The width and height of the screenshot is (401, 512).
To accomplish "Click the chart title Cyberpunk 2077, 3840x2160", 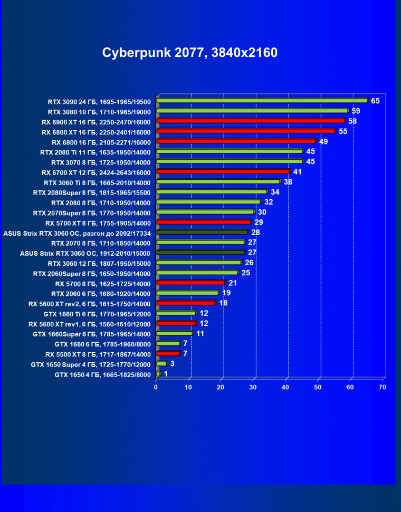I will point(189,53).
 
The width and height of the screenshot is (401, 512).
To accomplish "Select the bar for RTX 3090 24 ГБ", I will point(262,101).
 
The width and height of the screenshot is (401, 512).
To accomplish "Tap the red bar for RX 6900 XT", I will point(251,121).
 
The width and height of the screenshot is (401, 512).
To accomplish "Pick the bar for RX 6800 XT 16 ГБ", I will point(246,131).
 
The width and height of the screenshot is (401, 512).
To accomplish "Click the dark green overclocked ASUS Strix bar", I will point(202,232).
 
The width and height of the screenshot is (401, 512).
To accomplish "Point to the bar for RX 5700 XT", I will point(204,222).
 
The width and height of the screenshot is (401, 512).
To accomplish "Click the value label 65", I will point(375,101).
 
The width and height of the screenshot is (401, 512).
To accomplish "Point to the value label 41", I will point(297,171).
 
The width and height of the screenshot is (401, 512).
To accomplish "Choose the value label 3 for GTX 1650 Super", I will point(173,364).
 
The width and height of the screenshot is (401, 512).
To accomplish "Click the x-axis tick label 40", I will point(285,388).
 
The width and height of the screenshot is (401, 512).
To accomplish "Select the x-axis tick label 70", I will point(383,388).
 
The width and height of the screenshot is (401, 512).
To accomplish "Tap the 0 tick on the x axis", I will point(156,388).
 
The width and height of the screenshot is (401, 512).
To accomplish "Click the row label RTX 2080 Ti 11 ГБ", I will point(96,152).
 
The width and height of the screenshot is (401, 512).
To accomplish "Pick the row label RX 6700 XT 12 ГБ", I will point(96,172).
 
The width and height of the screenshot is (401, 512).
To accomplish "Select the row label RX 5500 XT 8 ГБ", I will point(98,354).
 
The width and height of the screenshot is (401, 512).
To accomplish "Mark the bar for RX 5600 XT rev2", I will point(186,303).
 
